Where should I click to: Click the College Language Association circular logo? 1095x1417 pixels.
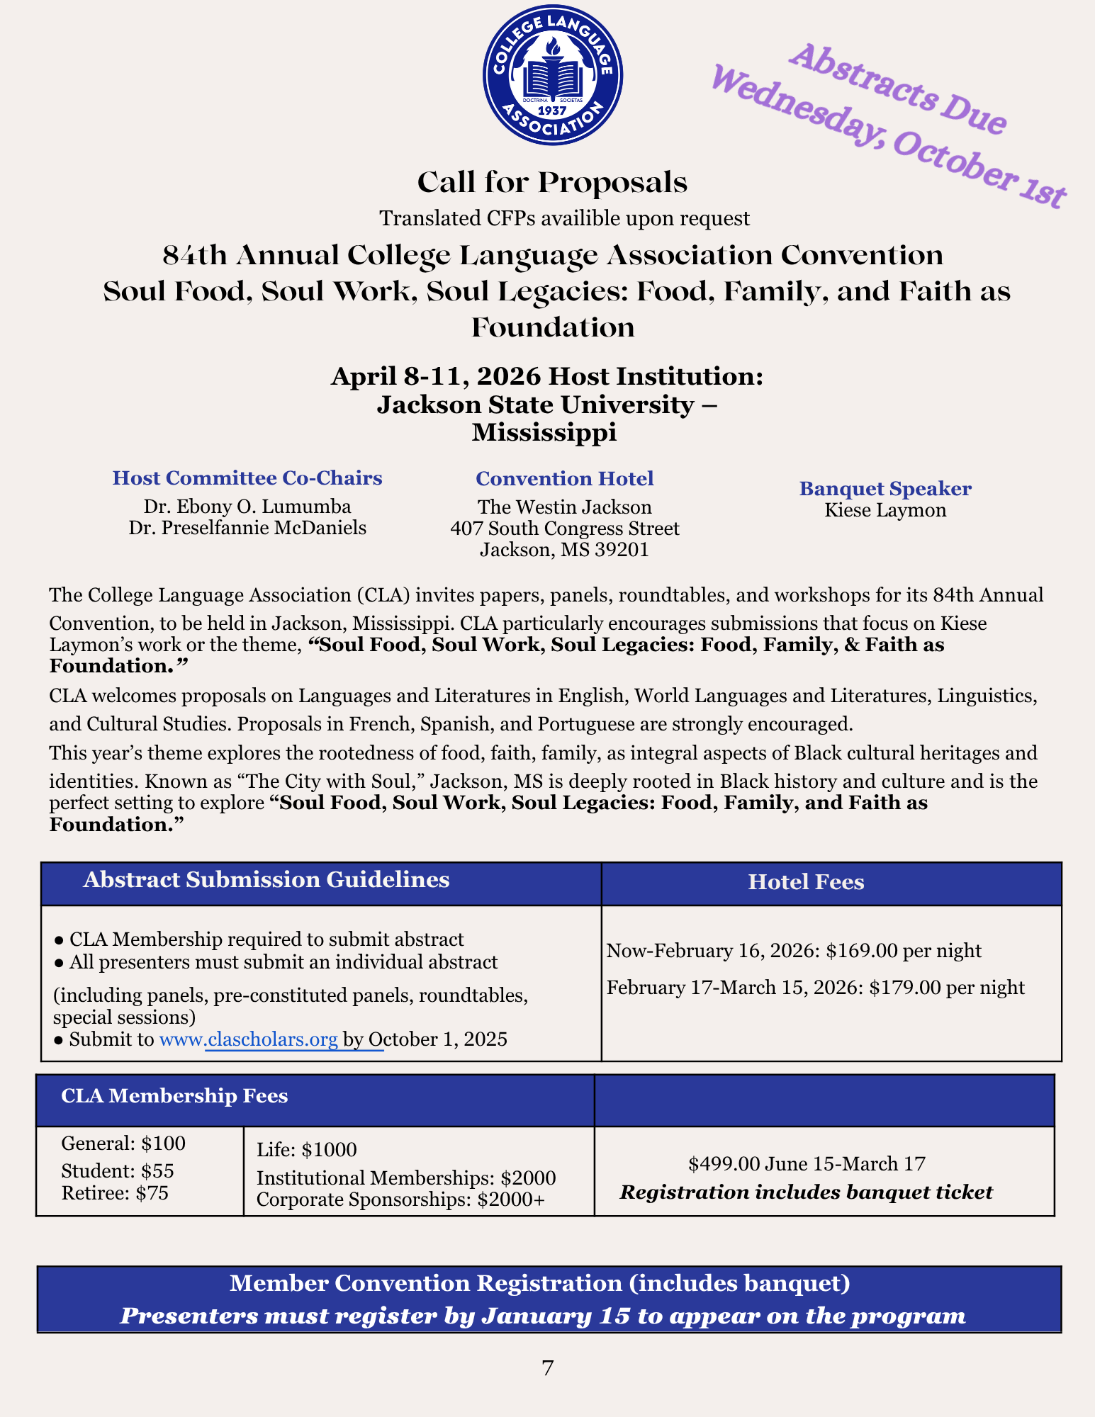552,75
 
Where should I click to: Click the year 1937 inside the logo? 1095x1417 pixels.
552,111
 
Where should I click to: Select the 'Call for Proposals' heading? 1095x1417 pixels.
552,183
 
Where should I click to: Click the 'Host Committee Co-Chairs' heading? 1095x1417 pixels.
247,478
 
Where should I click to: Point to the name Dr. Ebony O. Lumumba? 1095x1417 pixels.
247,507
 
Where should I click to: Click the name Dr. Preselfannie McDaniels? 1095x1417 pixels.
247,528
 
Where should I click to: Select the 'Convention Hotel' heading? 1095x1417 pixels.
564,479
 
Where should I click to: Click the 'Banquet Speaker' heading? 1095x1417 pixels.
885,489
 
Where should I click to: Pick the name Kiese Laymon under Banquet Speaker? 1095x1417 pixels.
885,510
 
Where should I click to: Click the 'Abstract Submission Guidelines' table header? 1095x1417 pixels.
266,880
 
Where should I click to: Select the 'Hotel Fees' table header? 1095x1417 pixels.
806,882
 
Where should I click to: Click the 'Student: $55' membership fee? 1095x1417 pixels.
118,1171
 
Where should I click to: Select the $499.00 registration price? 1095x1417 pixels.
715,1163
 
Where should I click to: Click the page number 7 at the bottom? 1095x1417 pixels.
547,1367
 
